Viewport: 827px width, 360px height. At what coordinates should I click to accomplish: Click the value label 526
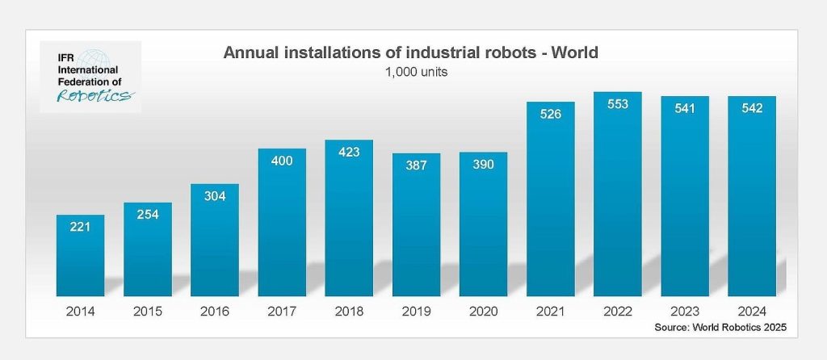coord(551,115)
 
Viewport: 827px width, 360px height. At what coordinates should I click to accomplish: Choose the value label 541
coord(685,109)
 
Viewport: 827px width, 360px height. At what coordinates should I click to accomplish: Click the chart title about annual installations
coord(410,54)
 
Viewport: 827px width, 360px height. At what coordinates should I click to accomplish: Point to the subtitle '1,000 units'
coord(411,71)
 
